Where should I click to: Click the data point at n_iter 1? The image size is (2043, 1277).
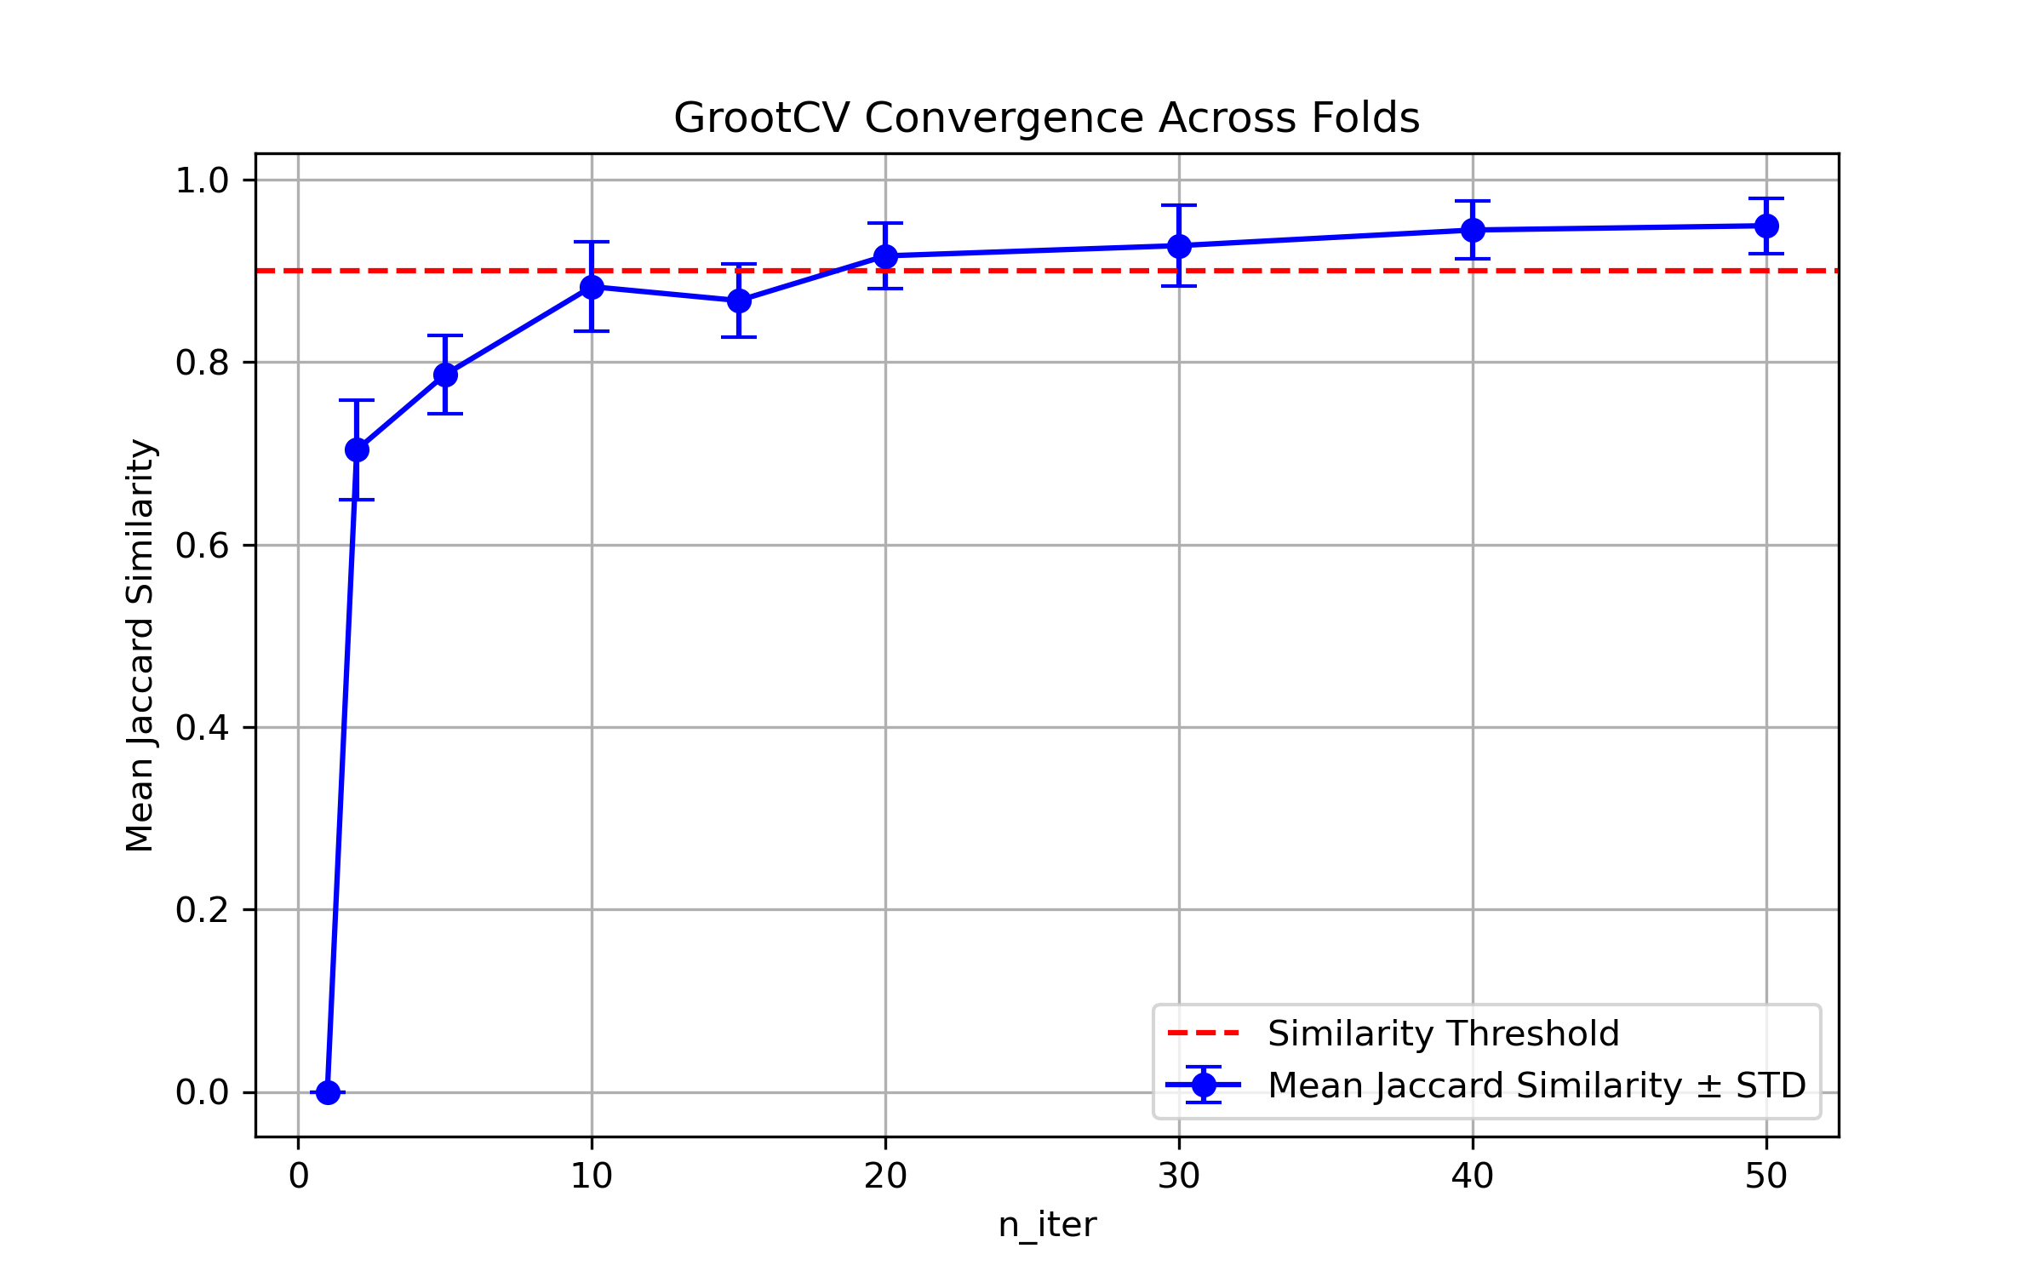[x=328, y=1092]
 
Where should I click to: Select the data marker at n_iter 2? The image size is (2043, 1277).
[x=357, y=450]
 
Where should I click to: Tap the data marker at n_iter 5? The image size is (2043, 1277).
[x=445, y=375]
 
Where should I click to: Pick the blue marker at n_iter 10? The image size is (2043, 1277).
[x=592, y=287]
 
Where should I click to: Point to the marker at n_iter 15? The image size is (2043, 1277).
[x=739, y=301]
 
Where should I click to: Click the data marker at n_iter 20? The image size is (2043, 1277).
[x=885, y=256]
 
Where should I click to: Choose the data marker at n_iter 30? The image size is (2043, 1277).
[x=1179, y=246]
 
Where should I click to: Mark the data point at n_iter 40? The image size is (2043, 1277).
[x=1473, y=230]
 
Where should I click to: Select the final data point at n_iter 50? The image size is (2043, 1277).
[x=1766, y=226]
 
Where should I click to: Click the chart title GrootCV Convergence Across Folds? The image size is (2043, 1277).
[x=1046, y=117]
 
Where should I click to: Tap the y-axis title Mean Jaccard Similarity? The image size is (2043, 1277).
[x=140, y=645]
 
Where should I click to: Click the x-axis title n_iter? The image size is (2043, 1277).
[x=1046, y=1225]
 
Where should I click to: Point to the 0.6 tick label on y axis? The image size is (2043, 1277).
[x=203, y=546]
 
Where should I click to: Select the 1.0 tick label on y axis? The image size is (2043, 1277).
[x=203, y=180]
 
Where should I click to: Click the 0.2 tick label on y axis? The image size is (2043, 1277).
[x=203, y=910]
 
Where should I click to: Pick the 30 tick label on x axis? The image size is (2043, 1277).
[x=1179, y=1177]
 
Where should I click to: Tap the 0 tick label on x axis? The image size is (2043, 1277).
[x=298, y=1177]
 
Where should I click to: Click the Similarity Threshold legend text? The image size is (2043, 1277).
[x=1443, y=1034]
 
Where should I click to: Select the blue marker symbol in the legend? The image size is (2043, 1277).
[x=1204, y=1085]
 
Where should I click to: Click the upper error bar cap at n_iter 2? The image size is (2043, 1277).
[x=357, y=399]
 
